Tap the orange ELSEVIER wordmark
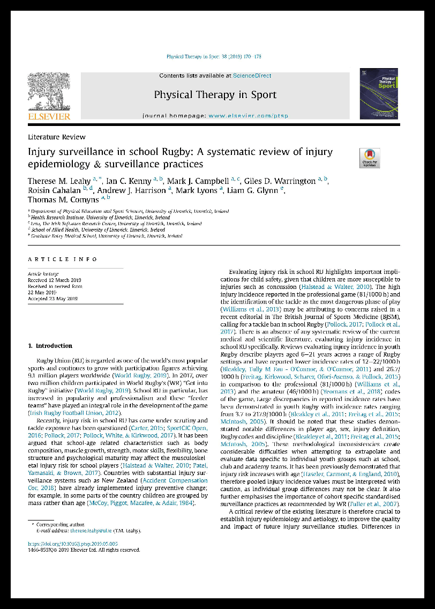(49, 116)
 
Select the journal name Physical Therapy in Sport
(215, 95)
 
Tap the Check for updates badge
(370, 158)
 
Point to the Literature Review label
(57, 137)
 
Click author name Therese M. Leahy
(60, 181)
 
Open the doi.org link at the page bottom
(73, 544)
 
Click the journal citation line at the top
(214, 57)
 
